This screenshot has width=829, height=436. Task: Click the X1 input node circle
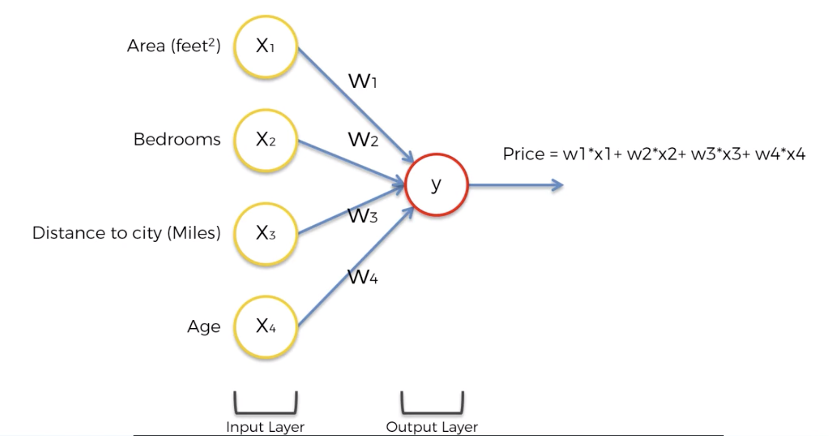265,46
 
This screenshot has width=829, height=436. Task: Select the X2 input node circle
265,140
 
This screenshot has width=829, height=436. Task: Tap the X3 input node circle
265,233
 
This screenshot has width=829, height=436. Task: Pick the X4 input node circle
265,327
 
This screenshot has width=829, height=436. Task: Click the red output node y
436,185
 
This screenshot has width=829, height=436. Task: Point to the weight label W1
362,80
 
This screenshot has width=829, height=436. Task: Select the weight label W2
363,139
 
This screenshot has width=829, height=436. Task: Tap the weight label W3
362,215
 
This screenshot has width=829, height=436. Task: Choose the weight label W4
362,277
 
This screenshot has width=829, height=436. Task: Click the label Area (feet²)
173,46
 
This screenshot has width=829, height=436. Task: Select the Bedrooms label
177,139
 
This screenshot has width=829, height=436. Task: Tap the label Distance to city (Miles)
126,233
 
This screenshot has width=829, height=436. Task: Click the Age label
204,327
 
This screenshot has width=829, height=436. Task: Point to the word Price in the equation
523,154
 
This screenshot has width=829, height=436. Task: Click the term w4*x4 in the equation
780,154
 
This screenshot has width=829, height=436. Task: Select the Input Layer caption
265,427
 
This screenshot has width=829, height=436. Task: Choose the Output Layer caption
432,427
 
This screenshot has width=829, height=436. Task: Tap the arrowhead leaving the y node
557,185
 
